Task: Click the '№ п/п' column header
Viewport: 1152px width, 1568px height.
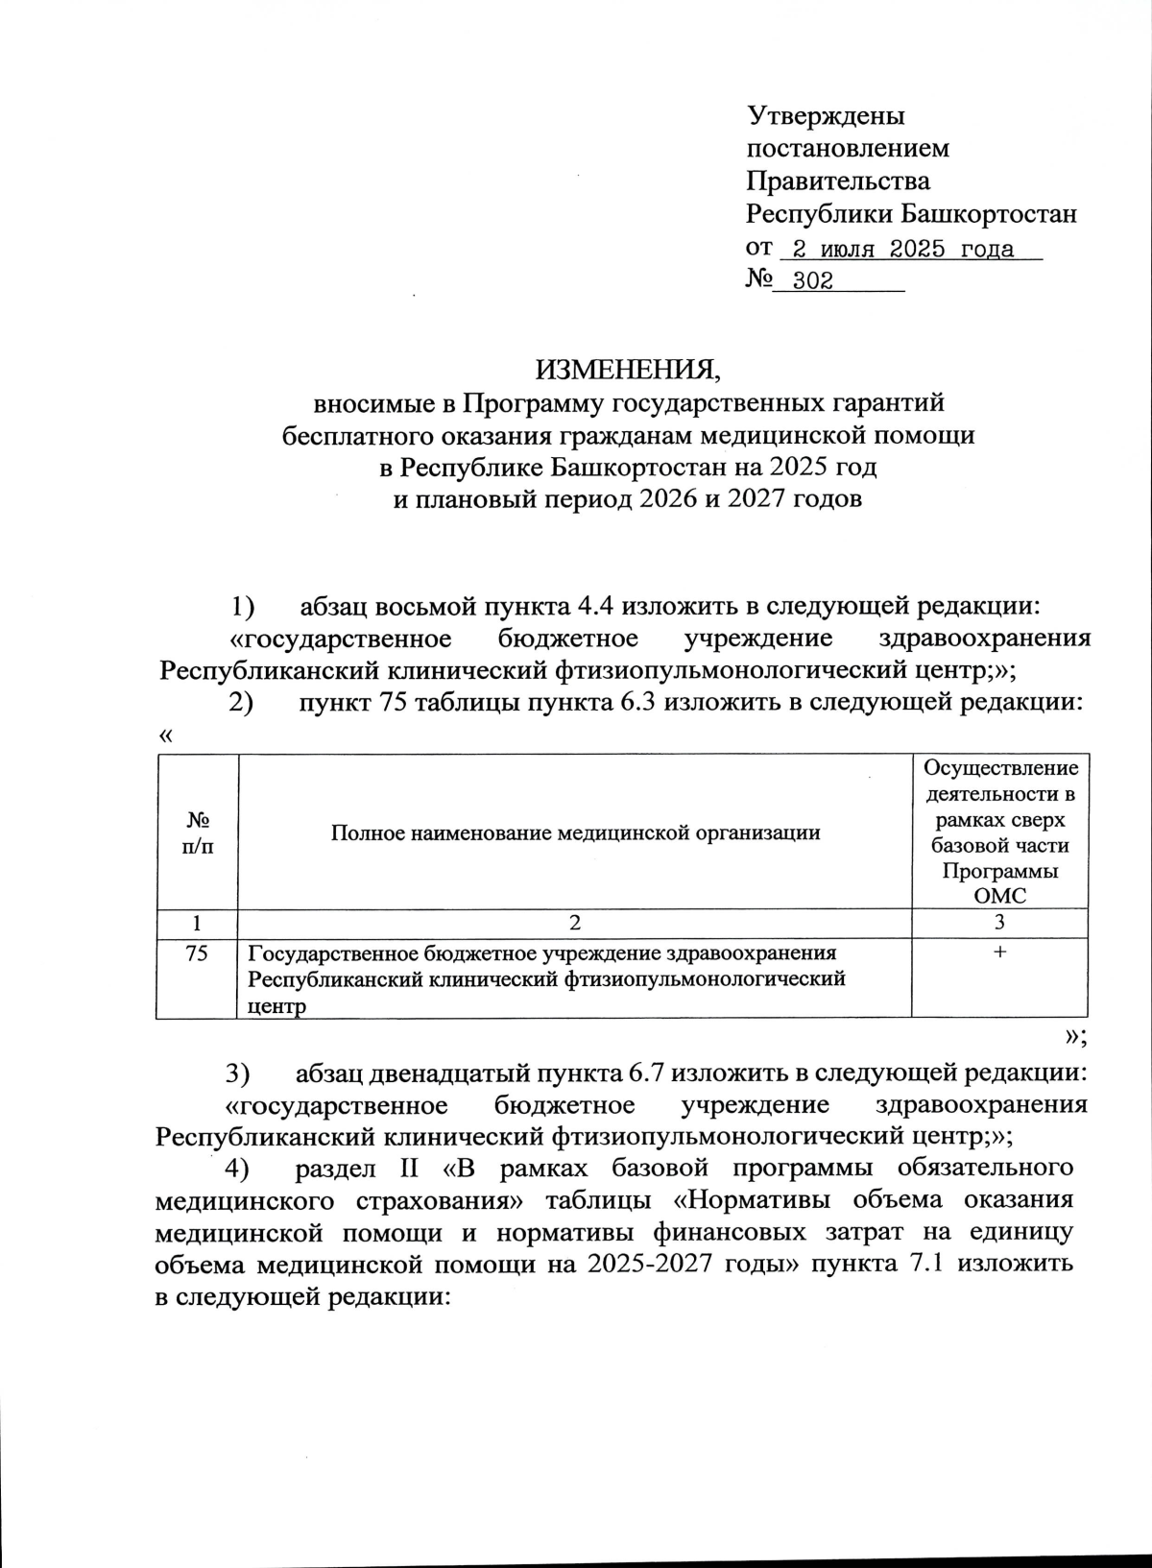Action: point(198,832)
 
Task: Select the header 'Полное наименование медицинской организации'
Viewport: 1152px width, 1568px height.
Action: point(575,832)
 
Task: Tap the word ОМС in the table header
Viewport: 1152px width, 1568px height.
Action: point(999,896)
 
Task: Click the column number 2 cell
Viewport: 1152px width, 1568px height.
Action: point(575,924)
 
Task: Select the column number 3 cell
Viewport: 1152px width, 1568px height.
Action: point(999,924)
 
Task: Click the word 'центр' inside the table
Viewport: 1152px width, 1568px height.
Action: point(276,1006)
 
